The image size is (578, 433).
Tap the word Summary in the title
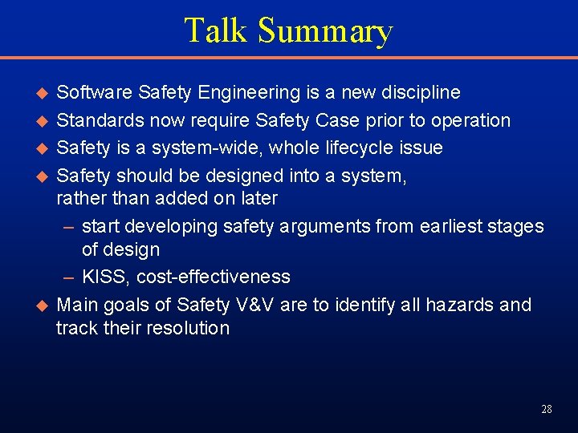pos(325,32)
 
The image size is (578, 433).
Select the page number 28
pos(547,409)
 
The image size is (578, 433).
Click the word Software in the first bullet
pos(95,92)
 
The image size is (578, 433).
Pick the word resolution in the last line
pos(190,328)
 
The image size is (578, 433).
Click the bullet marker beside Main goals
pos(43,305)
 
